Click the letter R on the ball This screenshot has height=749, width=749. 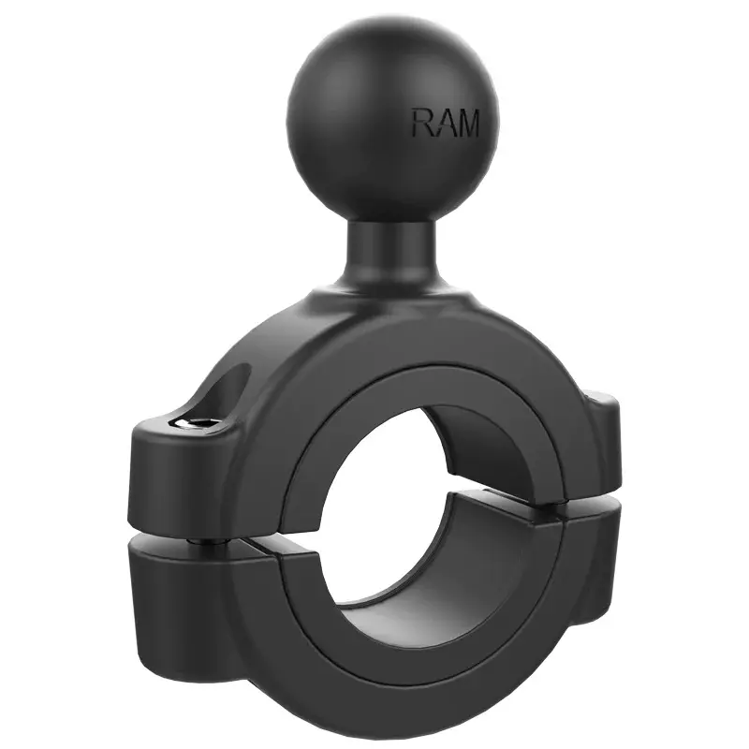pyautogui.click(x=422, y=123)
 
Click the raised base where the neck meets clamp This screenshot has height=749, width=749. pyautogui.click(x=393, y=300)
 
